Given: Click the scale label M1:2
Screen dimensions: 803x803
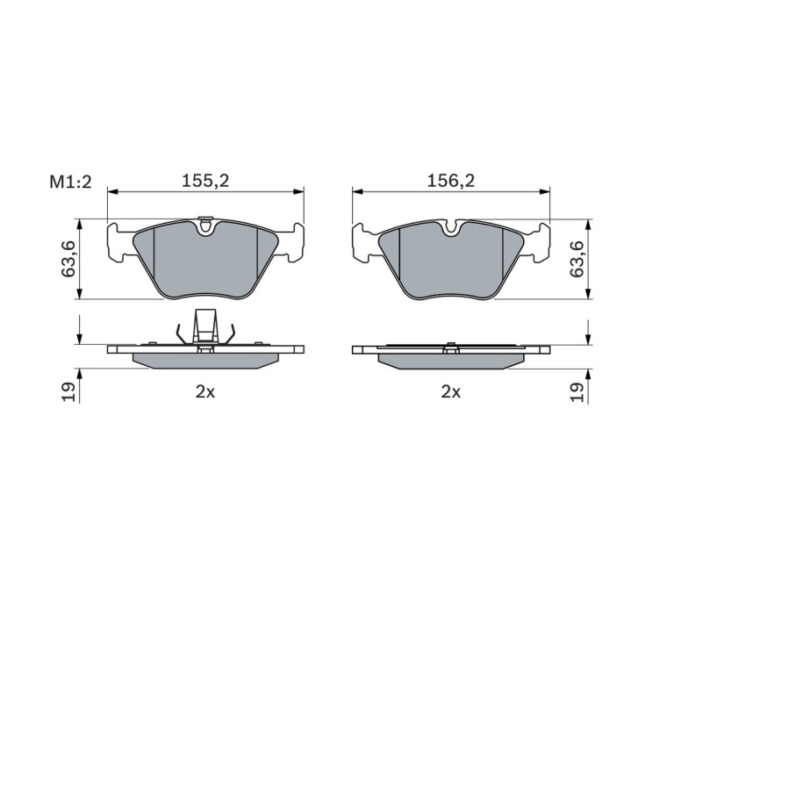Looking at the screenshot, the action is pos(70,182).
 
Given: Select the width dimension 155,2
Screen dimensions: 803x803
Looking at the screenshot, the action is pos(204,180).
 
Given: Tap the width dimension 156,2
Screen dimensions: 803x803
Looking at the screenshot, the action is pos(451,180).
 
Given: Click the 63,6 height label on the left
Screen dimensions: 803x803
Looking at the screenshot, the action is pos(68,259).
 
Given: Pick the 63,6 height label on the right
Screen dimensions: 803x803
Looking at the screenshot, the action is pos(577,259).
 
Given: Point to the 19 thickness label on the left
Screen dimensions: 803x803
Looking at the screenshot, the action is pos(68,392).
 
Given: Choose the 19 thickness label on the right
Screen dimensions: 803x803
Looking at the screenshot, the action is pos(577,392).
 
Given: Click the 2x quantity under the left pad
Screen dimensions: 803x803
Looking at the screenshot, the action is pos(204,392).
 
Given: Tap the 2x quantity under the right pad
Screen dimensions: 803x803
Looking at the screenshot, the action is pos(451,392).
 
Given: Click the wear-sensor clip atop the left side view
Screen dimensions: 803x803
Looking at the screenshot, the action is pos(205,326).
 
